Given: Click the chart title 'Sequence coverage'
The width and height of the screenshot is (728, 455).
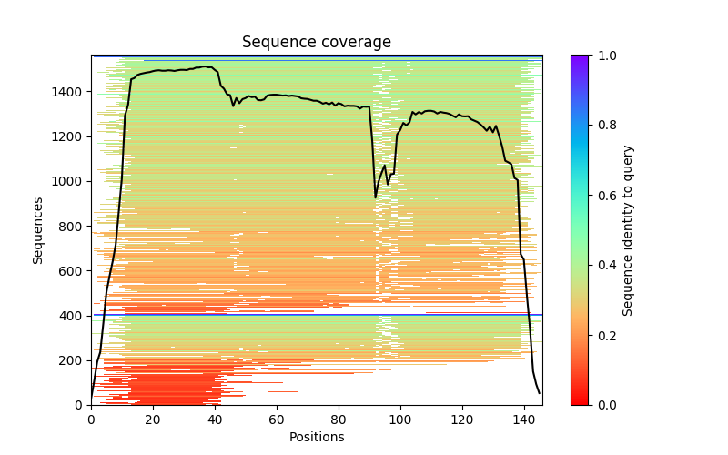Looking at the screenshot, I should pos(316,43).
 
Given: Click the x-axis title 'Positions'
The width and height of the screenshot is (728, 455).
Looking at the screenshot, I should pos(316,437).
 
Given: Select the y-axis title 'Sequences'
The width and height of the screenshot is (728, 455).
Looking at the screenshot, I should pos(38,229).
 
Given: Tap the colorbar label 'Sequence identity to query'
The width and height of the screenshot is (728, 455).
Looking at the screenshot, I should pos(628,229).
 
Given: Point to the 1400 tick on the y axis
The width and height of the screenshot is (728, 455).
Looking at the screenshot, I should pos(74,92).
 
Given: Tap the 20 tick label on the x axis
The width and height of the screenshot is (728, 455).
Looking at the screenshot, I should pos(153,420).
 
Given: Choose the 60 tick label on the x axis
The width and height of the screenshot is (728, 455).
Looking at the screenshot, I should pos(277,420).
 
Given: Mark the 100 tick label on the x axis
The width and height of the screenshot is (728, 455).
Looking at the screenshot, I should pos(400,420).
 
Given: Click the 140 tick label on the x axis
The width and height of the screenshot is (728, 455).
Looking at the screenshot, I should pos(524,420).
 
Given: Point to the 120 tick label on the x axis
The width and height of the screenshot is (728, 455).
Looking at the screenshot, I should pos(462,420).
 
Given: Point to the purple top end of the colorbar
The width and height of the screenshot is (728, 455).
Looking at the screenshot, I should pos(579,58).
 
